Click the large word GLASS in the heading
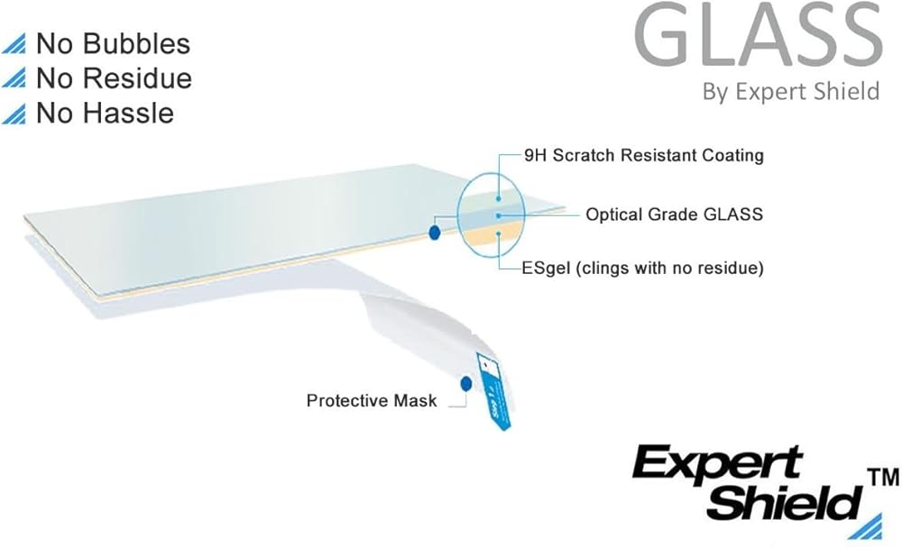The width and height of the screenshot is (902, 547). click(759, 36)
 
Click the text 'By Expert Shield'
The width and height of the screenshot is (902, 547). click(791, 92)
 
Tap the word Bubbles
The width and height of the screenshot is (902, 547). click(136, 43)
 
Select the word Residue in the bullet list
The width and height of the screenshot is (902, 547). click(137, 78)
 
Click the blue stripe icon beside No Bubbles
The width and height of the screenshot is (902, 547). click(14, 44)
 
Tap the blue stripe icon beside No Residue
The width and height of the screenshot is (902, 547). click(14, 78)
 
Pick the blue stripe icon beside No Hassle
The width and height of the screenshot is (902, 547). click(14, 114)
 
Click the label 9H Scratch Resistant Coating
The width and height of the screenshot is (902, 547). click(644, 155)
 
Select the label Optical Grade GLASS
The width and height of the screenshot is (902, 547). click(674, 214)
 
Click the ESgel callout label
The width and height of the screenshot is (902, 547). click(642, 268)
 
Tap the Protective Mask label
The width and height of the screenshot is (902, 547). click(371, 400)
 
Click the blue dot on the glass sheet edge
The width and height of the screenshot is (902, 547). click(435, 232)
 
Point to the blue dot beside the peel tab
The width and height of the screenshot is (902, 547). click(466, 384)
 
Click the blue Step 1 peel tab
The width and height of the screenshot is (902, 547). click(494, 391)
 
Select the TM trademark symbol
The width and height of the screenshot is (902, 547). click(883, 478)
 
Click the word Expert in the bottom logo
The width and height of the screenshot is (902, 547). click(717, 464)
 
